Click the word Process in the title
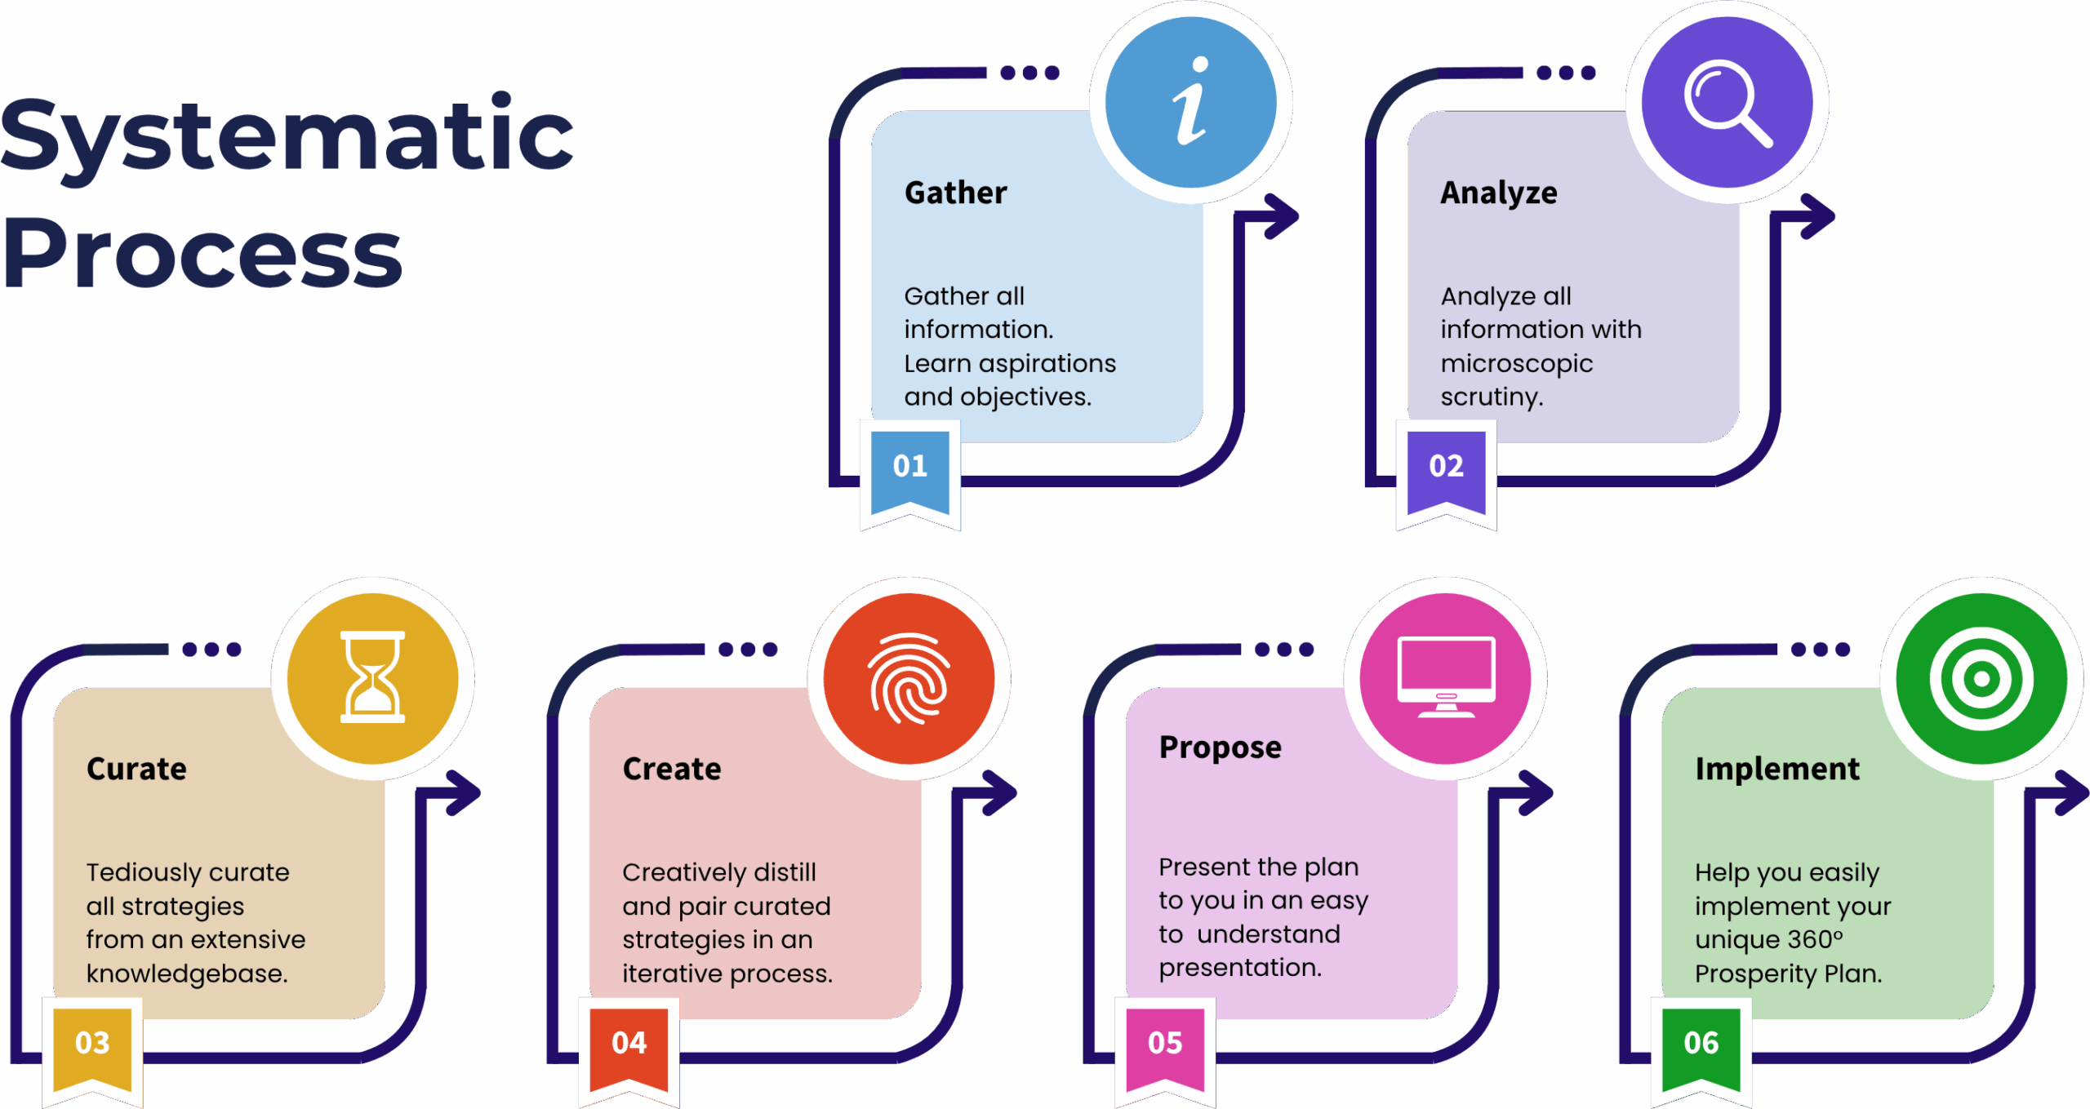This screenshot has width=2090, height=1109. pyautogui.click(x=202, y=253)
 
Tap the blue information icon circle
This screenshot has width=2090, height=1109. pyautogui.click(x=1190, y=102)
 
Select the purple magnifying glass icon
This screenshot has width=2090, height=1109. pyautogui.click(x=1727, y=102)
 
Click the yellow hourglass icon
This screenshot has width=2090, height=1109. pyautogui.click(x=372, y=678)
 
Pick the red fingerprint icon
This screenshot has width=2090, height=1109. pyautogui.click(x=909, y=678)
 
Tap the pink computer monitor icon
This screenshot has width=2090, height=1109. pyautogui.click(x=1445, y=678)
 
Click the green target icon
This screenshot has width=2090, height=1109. pyautogui.click(x=1981, y=678)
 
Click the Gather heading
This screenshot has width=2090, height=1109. pyautogui.click(x=955, y=193)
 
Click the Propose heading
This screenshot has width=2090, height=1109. pyautogui.click(x=1221, y=748)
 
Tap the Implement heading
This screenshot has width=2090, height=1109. pyautogui.click(x=1777, y=770)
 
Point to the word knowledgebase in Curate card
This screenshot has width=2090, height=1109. pyautogui.click(x=187, y=974)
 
